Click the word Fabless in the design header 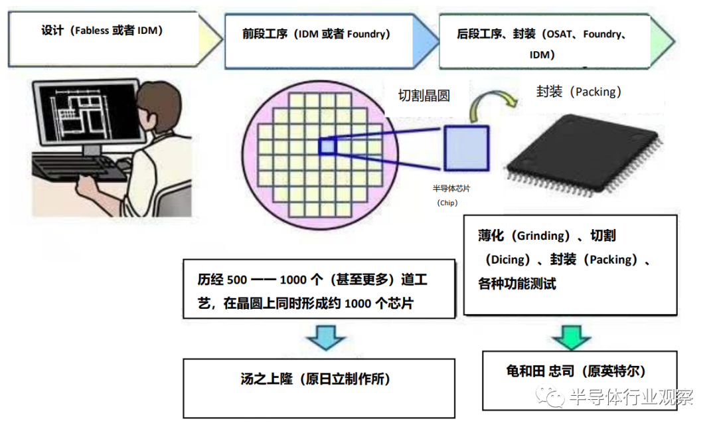tap(92, 31)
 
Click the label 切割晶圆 tap(424, 96)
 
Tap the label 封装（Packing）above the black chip tap(579, 92)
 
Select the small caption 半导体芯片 tap(451, 189)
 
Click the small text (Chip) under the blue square tap(447, 203)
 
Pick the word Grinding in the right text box tap(543, 236)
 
